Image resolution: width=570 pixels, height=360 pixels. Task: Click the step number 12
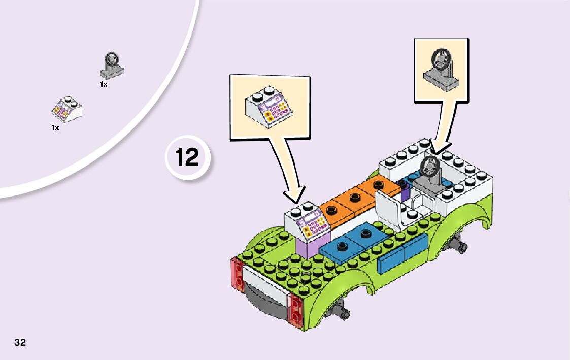[187, 157]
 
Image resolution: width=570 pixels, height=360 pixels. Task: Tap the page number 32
[20, 342]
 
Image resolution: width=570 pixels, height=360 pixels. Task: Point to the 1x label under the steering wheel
[104, 84]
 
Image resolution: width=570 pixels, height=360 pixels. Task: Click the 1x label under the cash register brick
[55, 128]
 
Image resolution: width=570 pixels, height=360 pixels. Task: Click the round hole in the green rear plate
[306, 277]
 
